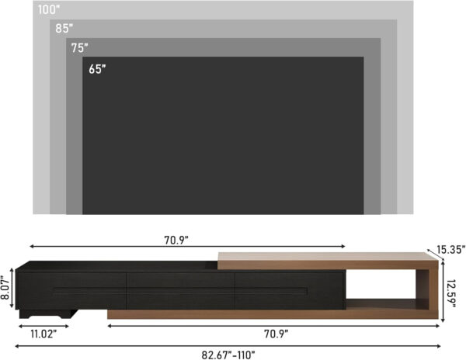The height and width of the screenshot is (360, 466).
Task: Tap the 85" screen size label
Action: [64, 29]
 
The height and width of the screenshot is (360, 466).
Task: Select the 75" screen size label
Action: [79, 47]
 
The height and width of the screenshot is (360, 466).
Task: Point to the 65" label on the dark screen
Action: [97, 69]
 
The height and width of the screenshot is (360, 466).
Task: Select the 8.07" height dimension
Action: [6, 286]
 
